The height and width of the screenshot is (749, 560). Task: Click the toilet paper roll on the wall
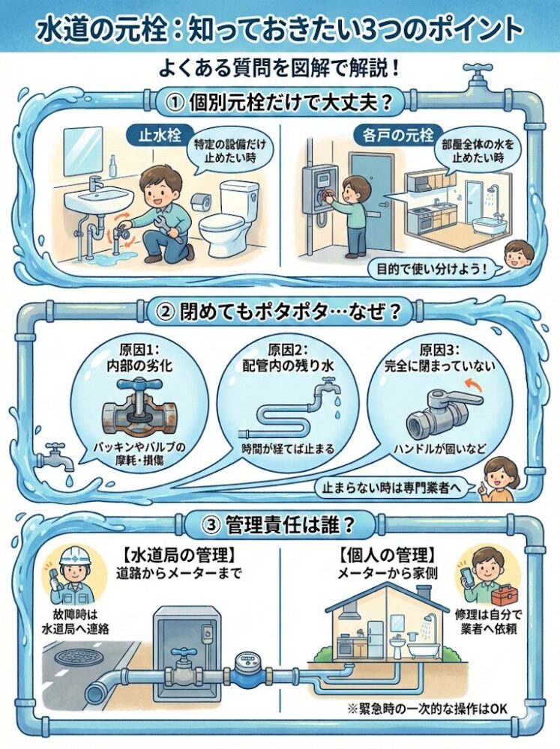tap(199, 202)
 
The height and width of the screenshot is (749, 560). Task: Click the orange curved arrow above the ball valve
tap(472, 383)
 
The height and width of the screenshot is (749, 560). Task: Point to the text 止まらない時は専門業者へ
tap(393, 486)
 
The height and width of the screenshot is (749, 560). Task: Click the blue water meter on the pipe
tap(245, 667)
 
